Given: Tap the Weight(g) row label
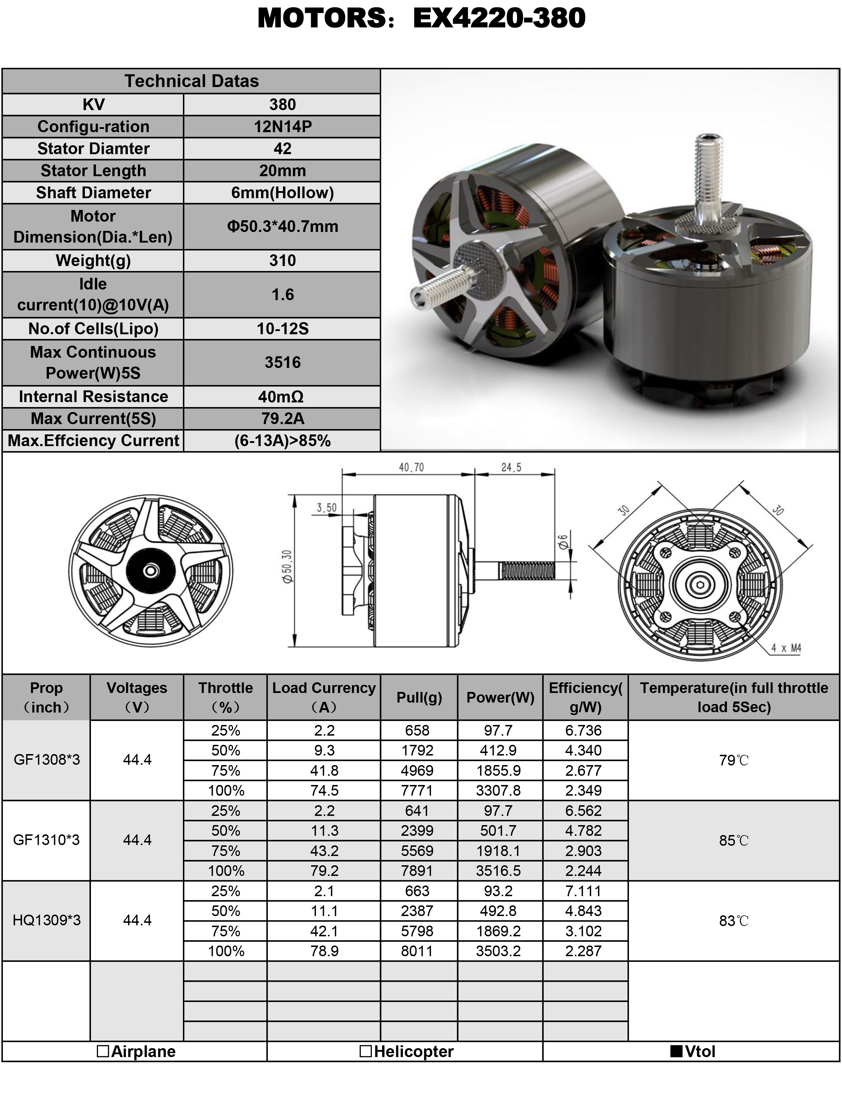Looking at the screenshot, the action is [93, 260].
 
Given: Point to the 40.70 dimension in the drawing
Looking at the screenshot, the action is [411, 467].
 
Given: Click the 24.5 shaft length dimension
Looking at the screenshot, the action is [511, 467].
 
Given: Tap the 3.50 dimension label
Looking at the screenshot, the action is [327, 508].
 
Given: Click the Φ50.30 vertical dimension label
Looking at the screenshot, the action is [287, 567].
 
